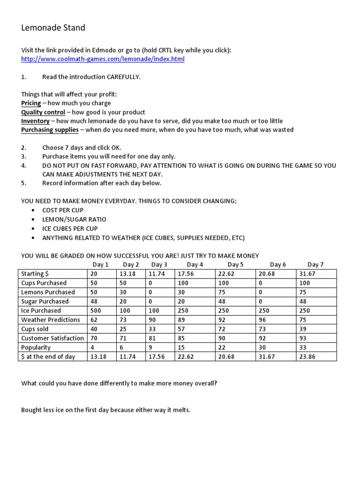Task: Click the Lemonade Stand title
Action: coord(53,28)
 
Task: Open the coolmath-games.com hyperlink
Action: coord(103,59)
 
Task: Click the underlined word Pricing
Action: coord(31,103)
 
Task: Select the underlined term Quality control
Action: coord(43,112)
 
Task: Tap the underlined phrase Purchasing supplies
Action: coord(50,130)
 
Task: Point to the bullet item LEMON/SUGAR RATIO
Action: coord(74,219)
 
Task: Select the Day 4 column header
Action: coord(195,265)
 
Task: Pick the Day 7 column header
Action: coord(315,265)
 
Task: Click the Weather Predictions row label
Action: coord(51,320)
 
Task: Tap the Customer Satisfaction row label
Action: coord(52,338)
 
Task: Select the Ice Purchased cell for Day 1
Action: coord(96,311)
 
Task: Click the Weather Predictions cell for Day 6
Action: coord(262,320)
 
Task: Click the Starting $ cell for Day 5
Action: coord(225,274)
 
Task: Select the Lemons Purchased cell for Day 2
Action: coord(123,292)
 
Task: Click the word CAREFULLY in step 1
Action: coord(123,77)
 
